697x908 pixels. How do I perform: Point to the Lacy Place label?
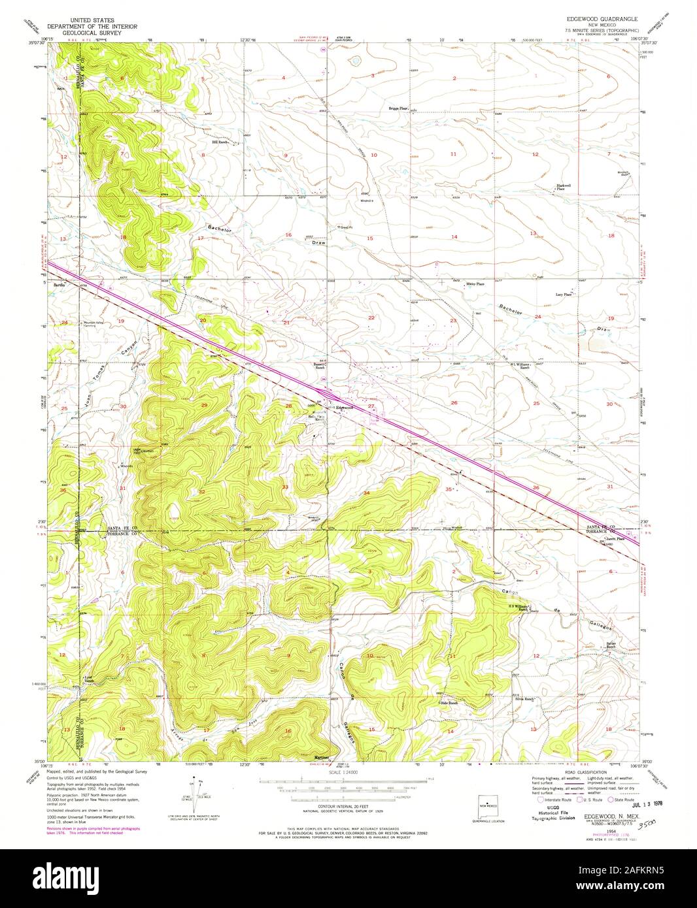click(564, 295)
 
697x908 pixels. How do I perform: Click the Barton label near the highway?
click(59, 285)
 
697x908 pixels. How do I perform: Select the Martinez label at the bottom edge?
click(321, 758)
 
